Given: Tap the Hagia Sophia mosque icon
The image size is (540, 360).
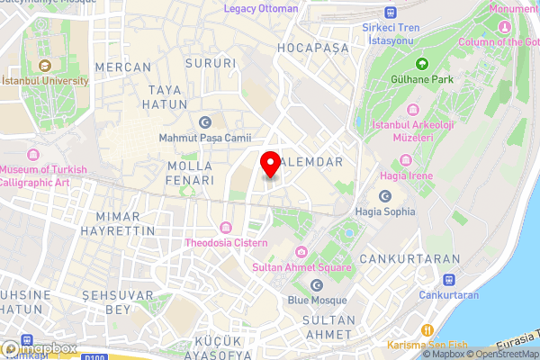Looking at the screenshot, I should (x=385, y=196).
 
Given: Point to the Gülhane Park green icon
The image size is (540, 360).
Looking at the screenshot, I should (x=421, y=64).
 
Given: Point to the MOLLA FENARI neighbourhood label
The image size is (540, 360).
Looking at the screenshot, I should (x=191, y=173).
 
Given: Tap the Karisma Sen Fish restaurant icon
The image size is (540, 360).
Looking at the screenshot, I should (x=428, y=329).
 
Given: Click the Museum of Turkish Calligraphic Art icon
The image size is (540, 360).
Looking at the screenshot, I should (x=34, y=154).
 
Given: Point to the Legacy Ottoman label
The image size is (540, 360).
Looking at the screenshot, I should (x=261, y=9).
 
